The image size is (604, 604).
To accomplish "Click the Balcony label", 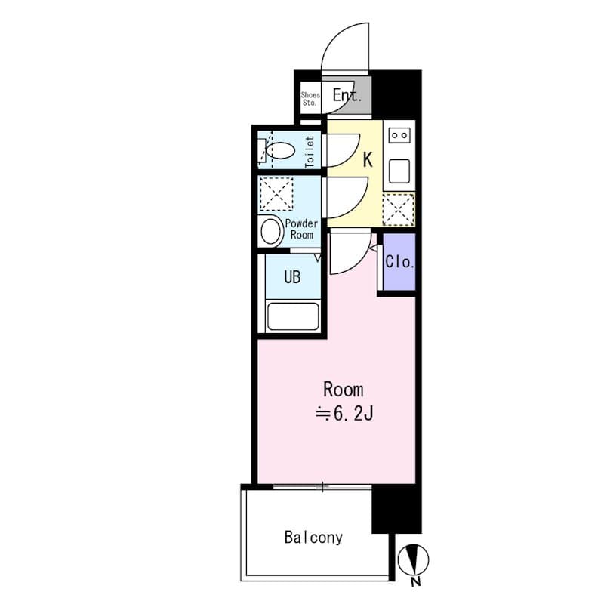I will coord(313,538).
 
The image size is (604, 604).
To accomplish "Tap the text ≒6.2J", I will coord(344,413).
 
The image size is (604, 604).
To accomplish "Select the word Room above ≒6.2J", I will coord(344,390).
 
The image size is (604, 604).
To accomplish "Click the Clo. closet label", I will coord(399,262).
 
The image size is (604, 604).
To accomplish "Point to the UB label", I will coord(292,277).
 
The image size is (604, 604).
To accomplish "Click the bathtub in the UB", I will coord(293,316).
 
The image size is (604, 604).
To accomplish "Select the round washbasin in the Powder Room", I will coord(271,231).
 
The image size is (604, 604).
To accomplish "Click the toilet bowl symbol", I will coord(279,150).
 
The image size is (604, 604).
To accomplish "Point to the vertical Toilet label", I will coord(310,151).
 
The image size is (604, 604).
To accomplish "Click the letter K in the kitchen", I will coord(368,159).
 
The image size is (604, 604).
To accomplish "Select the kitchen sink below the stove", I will coord(398,171).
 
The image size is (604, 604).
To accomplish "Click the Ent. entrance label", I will coord(347,96).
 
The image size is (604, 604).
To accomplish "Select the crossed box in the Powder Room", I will coord(276,194).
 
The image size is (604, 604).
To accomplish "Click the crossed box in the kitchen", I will coord(398,209).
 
